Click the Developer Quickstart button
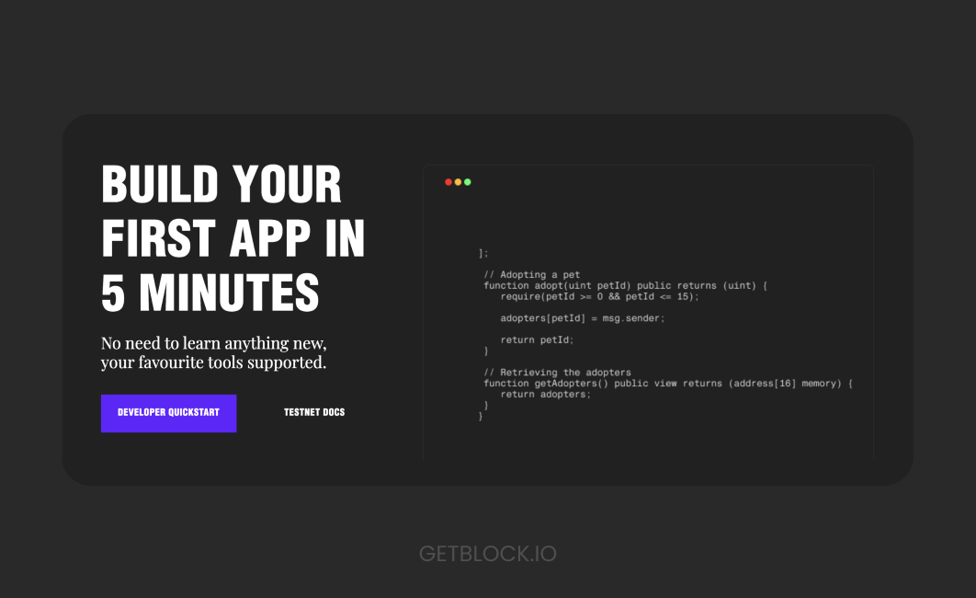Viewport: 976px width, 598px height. point(169,413)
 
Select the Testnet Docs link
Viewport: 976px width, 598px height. point(314,412)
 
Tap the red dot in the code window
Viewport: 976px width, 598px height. point(448,182)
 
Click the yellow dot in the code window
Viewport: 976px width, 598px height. point(458,182)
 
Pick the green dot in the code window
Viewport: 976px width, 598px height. point(468,182)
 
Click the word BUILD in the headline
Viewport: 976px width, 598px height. point(160,184)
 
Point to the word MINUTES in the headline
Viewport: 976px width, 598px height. point(229,293)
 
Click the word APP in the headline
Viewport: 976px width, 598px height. point(270,238)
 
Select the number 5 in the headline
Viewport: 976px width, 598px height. point(113,293)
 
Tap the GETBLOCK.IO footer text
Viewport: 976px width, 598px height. point(487,554)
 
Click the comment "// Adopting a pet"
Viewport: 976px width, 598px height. point(531,275)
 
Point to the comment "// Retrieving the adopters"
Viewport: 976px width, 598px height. point(557,373)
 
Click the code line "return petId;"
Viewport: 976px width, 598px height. point(538,340)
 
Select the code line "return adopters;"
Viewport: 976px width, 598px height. point(546,395)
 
